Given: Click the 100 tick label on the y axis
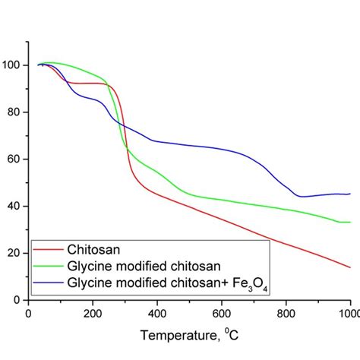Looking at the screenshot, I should click(13, 65).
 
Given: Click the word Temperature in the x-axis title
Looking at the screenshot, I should click(173, 335).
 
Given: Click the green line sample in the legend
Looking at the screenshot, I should click(48, 266).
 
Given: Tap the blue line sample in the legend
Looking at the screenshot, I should click(48, 283).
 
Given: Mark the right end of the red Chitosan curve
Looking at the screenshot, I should click(350, 267).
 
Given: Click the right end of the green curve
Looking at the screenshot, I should click(350, 222).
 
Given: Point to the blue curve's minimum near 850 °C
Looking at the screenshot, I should click(302, 197).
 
